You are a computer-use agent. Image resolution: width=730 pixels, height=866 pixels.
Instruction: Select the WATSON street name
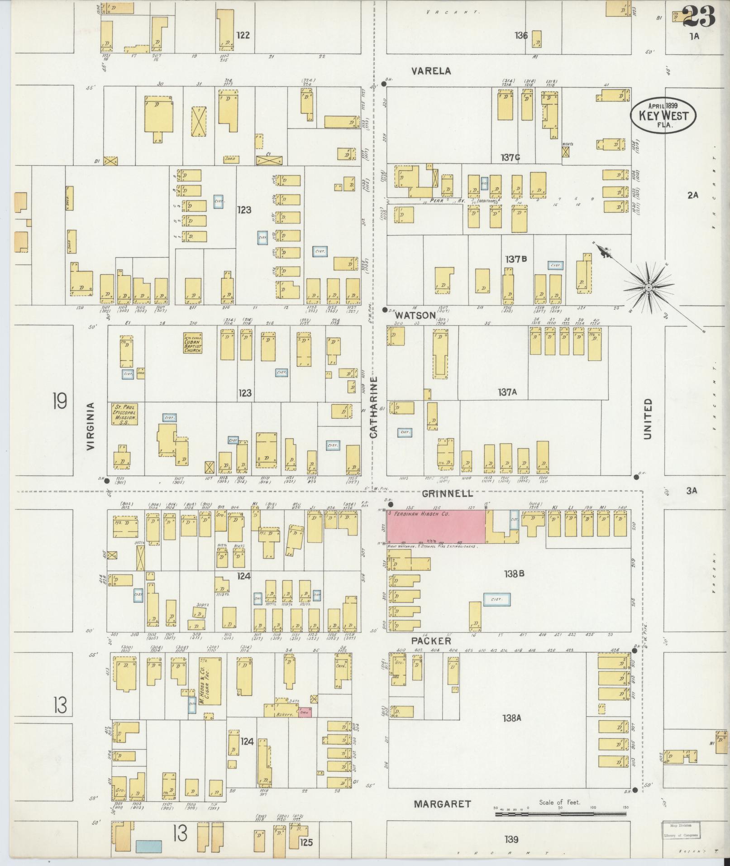pos(415,315)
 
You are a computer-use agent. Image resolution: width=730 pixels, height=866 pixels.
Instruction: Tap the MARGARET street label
pos(442,804)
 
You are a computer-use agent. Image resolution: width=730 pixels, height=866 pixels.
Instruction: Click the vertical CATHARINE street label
pos(373,407)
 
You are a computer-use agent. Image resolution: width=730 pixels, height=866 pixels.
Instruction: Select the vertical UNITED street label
pos(648,419)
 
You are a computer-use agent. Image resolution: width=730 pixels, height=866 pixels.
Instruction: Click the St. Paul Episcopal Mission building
pos(124,414)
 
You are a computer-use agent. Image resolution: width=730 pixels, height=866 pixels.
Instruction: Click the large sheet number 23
pos(698,17)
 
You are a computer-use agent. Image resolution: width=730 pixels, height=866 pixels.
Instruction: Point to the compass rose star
pos(648,287)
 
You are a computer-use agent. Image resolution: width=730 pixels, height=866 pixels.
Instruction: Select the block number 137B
pos(516,259)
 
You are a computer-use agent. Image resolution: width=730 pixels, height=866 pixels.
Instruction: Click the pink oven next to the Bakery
pos(304,712)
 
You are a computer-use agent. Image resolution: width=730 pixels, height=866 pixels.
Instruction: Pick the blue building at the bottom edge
pos(148,847)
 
